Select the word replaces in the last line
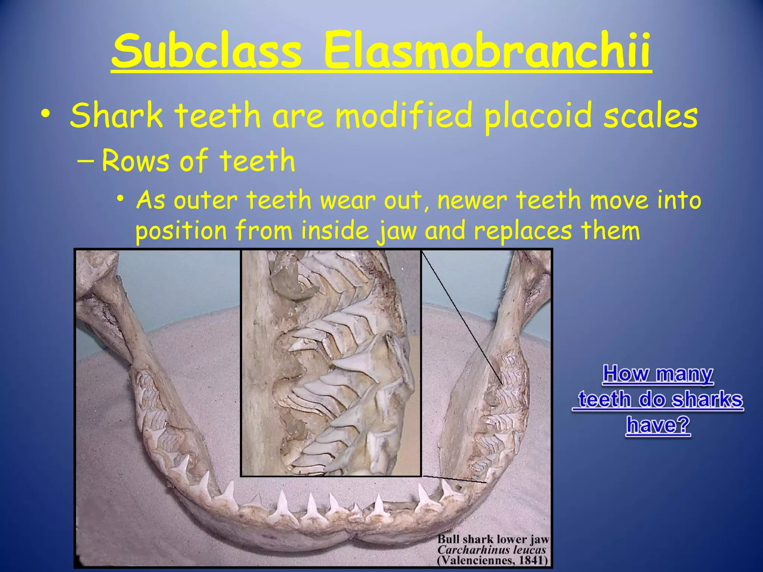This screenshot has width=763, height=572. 523,231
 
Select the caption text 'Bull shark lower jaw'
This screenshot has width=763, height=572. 493,540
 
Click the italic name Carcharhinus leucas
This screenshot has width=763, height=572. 491,550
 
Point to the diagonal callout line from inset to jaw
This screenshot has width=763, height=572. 462,317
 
